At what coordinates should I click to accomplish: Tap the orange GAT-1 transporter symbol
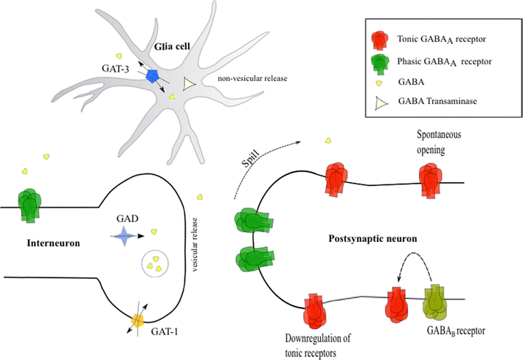(x=138, y=322)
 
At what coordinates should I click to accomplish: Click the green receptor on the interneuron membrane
(x=30, y=204)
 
